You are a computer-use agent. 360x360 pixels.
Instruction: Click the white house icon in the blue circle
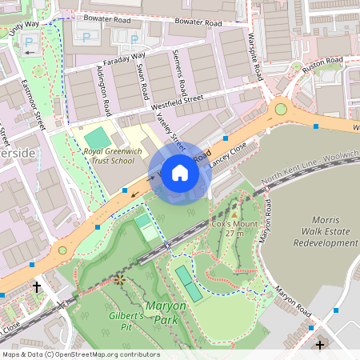coord(180,173)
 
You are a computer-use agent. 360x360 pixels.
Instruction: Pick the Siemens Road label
coord(180,74)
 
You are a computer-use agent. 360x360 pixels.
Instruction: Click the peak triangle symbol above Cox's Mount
coord(234,214)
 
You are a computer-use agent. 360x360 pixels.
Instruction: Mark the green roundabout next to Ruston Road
coord(280,109)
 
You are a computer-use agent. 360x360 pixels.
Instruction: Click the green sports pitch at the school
coord(94,136)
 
